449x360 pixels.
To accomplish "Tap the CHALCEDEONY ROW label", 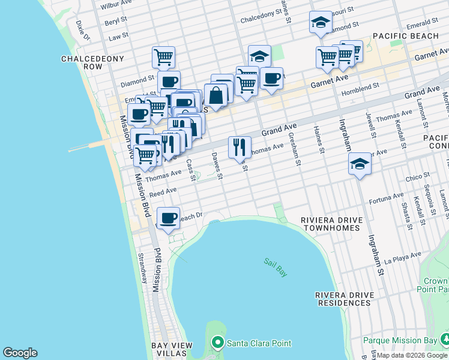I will (92, 63).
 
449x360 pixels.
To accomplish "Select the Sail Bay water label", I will (276, 267).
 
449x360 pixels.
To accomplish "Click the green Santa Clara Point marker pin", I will (218, 343).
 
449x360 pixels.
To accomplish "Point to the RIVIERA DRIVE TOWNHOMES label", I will (333, 224).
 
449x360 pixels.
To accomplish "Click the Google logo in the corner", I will (19, 353).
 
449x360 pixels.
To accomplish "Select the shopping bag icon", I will (215, 95).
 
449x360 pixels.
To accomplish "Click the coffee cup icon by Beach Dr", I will (169, 218).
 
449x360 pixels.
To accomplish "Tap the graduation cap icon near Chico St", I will (360, 163).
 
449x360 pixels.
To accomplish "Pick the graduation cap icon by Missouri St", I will (321, 22).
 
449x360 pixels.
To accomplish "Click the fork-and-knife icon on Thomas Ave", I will (240, 146).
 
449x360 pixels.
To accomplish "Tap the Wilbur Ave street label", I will (116, 7).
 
